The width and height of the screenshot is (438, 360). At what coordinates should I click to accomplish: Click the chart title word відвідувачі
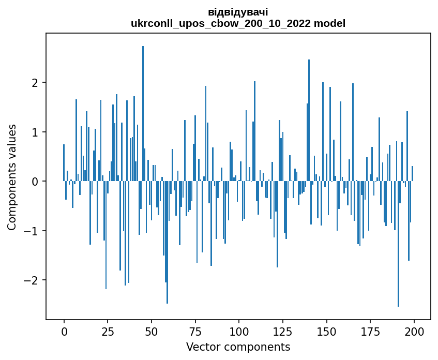[238, 12]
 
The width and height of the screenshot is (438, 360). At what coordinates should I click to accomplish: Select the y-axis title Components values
[12, 177]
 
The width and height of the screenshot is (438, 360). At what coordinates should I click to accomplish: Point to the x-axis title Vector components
[238, 347]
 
